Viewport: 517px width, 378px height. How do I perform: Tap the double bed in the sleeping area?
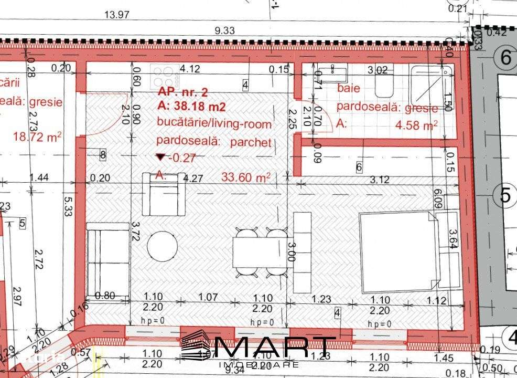coord(398,253)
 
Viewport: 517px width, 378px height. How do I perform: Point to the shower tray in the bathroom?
coord(431,84)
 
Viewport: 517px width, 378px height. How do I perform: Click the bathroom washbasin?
coord(332,73)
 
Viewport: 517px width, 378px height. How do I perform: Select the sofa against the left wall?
coord(107,259)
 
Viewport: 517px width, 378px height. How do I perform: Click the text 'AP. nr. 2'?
coord(182,92)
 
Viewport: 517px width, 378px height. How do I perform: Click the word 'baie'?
coord(349,88)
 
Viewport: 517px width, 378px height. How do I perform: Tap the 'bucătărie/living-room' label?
coord(214,124)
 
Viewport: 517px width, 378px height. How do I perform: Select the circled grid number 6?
coord(505,57)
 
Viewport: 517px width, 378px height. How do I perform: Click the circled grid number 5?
coord(505,195)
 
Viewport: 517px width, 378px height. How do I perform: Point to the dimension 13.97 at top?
coord(117,15)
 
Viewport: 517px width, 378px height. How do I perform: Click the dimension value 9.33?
coord(225,30)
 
